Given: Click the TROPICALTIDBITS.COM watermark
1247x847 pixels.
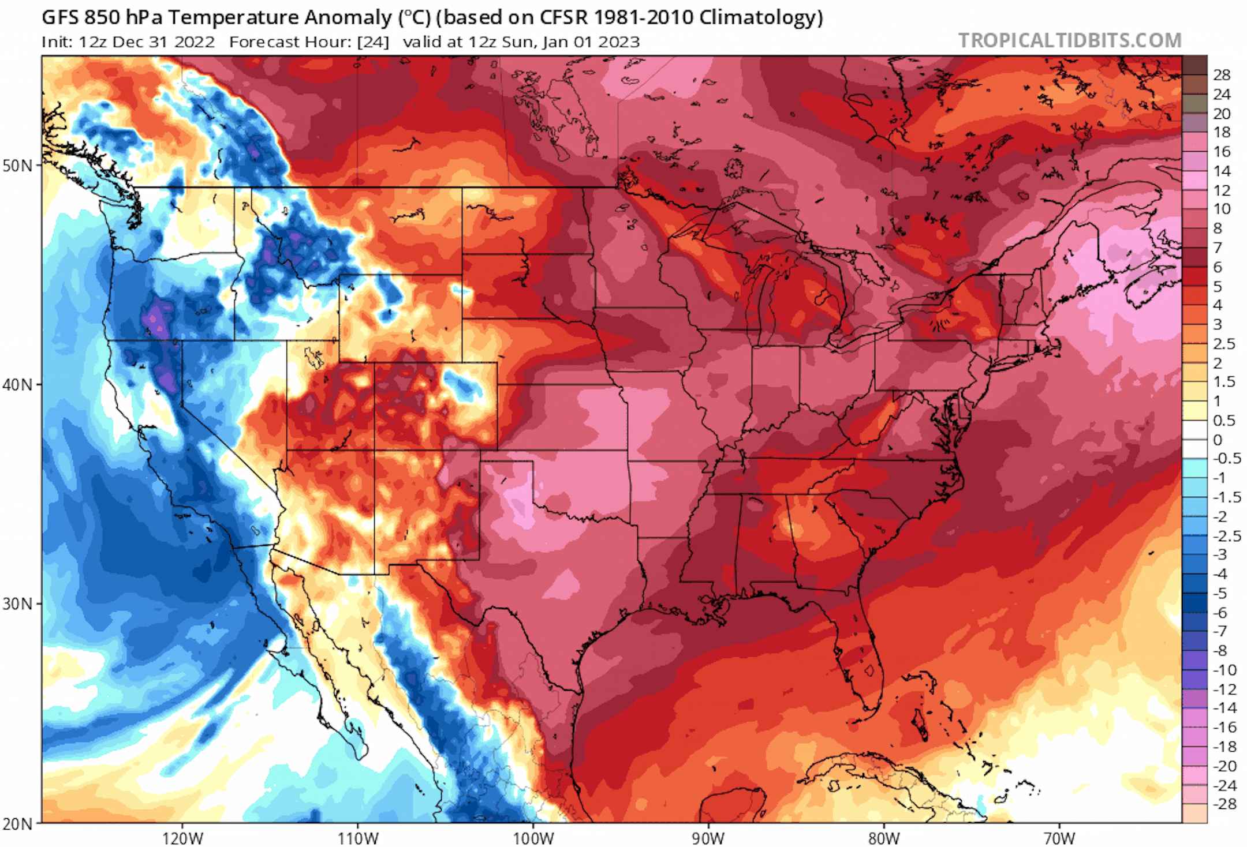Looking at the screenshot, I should click(1069, 40).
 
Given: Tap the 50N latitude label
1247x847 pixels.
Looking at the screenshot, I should click(17, 166).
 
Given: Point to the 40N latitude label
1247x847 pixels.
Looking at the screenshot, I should click(17, 384).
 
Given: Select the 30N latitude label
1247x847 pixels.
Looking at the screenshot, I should click(17, 604).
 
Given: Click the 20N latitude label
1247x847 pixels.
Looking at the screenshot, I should click(17, 823).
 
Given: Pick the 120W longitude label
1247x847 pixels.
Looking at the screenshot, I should click(182, 838).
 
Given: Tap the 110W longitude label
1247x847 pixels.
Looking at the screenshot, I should click(358, 838).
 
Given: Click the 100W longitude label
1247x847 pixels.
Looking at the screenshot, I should click(533, 838).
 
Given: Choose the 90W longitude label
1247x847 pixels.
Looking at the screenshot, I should click(708, 838).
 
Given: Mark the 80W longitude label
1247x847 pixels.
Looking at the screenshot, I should click(884, 838).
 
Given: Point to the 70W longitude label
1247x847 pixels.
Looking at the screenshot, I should click(1059, 838).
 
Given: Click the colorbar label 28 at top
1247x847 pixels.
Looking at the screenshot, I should click(1222, 75).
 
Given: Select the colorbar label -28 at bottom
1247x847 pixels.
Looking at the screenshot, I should click(1224, 804).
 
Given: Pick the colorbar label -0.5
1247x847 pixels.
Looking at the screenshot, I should click(1226, 459).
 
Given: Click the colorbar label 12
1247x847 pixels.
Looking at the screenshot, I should click(1222, 190).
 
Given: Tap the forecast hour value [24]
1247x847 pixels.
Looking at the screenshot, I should click(373, 42).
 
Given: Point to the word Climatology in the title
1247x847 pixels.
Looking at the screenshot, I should click(760, 18).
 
